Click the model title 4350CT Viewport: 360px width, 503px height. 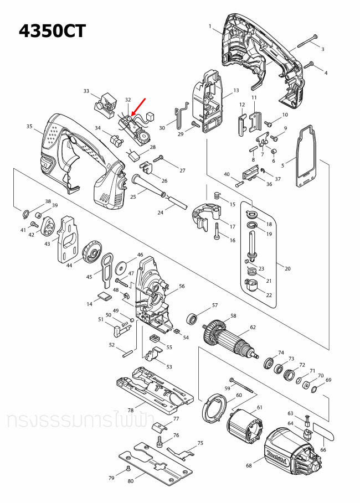(x=53, y=30)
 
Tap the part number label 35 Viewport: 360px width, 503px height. (x=29, y=127)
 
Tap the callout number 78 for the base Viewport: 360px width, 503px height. (x=131, y=410)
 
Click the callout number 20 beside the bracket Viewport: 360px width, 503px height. (x=287, y=268)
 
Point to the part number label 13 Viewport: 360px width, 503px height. (x=235, y=90)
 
